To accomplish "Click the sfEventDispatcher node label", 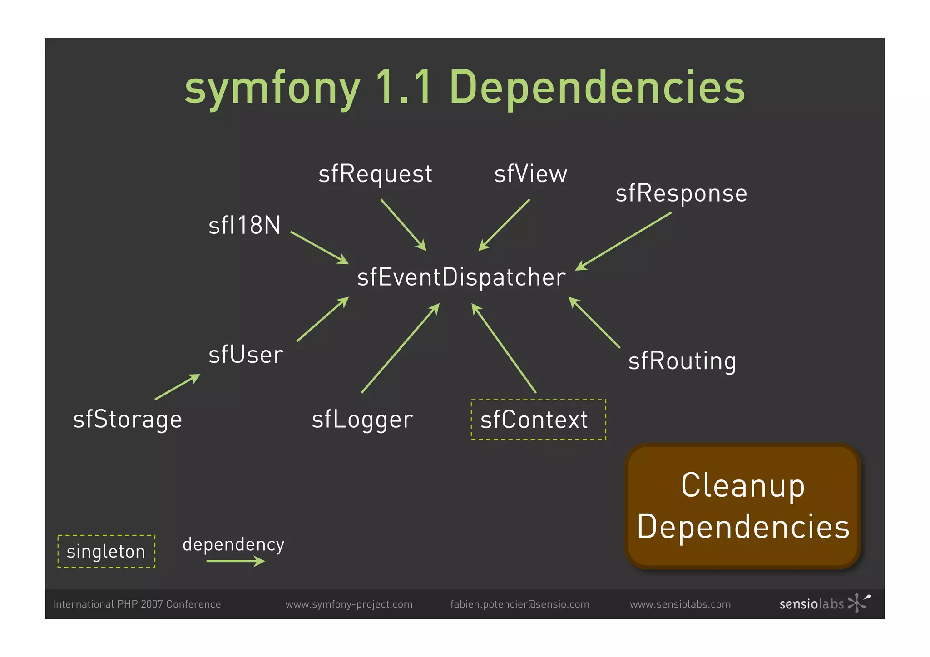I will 461,277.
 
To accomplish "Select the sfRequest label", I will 375,174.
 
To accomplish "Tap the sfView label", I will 530,174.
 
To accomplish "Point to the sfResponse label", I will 681,193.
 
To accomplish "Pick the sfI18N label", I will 245,225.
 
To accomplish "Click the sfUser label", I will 246,355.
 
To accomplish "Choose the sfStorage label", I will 128,419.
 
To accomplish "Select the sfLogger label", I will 362,420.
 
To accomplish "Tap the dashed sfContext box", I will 538,420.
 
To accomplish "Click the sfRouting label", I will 682,361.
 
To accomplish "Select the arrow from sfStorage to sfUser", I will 177,387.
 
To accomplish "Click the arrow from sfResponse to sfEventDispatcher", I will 623,241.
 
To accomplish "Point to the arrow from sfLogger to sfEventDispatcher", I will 400,348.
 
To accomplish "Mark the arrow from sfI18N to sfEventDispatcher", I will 319,247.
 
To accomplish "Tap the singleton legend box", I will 106,551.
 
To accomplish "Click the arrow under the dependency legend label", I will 235,562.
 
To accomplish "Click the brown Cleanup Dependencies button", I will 743,506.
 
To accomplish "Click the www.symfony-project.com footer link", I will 349,604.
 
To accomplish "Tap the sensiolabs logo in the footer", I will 824,603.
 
